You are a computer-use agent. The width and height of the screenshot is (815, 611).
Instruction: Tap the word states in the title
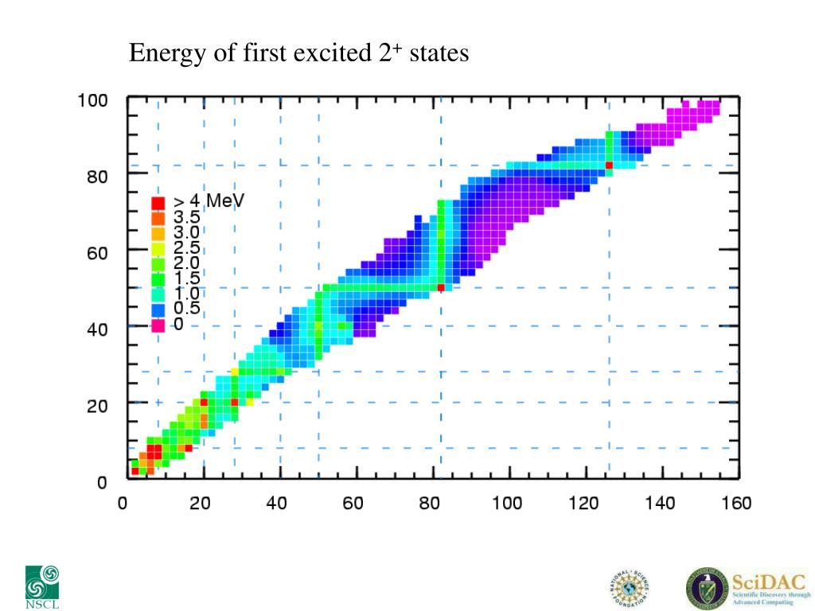click(x=439, y=54)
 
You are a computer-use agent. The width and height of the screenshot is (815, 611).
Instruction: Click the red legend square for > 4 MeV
click(x=158, y=202)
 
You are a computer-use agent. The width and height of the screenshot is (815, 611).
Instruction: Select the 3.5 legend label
click(x=187, y=217)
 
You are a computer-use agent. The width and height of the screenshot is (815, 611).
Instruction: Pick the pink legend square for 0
click(x=158, y=325)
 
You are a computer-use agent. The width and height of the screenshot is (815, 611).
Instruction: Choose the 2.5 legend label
click(x=187, y=248)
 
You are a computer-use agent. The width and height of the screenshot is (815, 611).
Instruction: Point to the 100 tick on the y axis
click(x=92, y=102)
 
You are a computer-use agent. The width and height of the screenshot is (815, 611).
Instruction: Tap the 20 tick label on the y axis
click(x=98, y=406)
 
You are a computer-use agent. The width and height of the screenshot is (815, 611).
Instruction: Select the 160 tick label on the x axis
click(x=736, y=504)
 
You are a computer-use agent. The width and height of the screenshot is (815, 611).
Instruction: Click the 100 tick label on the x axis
click(x=506, y=504)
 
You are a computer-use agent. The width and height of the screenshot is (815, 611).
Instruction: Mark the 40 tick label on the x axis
click(x=276, y=504)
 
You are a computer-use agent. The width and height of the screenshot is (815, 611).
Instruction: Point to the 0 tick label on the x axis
click(x=123, y=504)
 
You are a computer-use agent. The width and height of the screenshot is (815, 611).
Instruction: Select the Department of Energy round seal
click(x=706, y=588)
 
